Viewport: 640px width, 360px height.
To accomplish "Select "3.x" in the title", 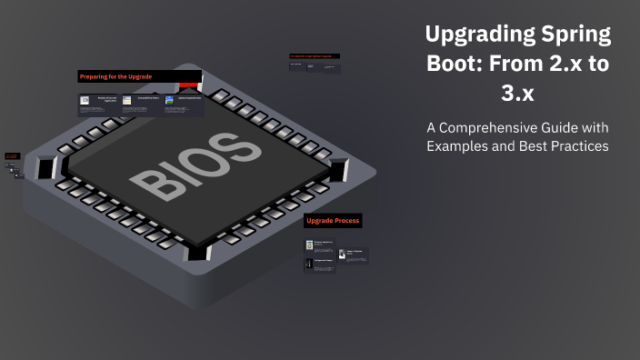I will (518, 95).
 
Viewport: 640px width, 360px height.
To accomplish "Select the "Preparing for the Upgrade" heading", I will (115, 76).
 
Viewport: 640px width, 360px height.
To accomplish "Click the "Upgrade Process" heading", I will (333, 221).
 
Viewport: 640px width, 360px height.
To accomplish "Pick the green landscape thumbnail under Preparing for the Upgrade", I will (170, 100).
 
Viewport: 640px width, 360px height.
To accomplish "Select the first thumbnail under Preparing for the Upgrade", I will (85, 100).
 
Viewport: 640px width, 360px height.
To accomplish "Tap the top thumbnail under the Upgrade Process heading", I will (309, 245).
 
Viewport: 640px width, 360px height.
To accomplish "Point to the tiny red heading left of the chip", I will (12, 156).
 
